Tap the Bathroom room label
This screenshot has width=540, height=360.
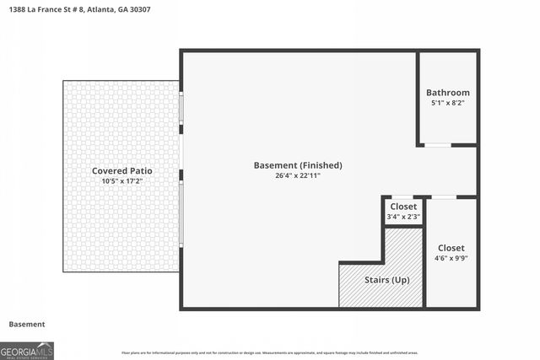(447, 93)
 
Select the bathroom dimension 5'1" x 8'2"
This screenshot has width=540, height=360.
(447, 103)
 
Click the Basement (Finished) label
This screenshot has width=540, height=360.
(298, 165)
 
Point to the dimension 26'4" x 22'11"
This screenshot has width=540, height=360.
(298, 175)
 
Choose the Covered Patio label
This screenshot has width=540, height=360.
(121, 171)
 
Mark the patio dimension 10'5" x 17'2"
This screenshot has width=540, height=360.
(121, 181)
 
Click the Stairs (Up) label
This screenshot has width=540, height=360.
(387, 279)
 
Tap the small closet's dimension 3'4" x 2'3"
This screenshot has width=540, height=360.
(402, 218)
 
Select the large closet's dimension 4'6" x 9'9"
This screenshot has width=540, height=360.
(451, 259)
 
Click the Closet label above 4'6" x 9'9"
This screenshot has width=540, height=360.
(451, 249)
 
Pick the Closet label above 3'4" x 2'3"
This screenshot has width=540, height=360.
(402, 207)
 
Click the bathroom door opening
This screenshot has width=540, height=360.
(437, 145)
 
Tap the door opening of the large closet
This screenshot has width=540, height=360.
(444, 197)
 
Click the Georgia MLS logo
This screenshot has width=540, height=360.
(27, 350)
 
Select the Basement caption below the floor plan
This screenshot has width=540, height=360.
(27, 324)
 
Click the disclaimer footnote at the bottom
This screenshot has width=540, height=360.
(269, 352)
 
